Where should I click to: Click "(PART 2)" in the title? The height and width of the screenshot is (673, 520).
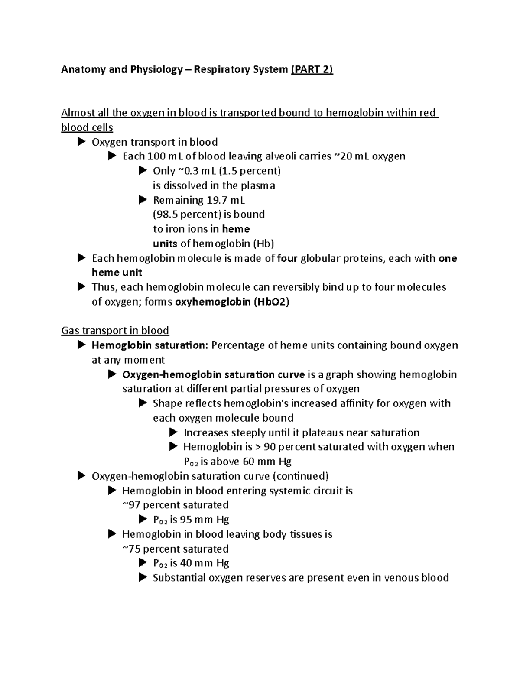312,69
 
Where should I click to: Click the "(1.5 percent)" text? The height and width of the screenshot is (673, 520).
250,171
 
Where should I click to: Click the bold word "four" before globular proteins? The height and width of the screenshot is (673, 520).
287,258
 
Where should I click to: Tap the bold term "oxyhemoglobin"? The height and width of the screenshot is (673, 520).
212,302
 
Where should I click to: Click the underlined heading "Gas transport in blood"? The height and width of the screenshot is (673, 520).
115,331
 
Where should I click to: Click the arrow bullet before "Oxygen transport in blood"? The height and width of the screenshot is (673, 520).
81,142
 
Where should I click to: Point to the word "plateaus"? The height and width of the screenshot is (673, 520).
322,432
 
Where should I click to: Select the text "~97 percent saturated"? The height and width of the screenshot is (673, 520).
175,505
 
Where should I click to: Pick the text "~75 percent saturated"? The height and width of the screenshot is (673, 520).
175,549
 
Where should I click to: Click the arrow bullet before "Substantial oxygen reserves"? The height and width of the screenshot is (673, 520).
143,577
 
